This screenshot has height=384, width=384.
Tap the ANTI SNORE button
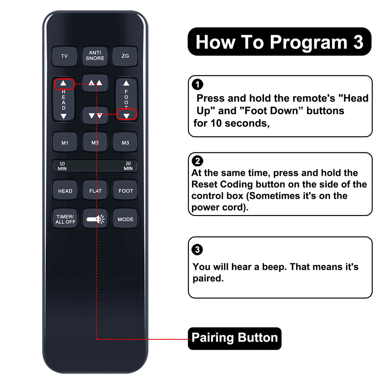95,56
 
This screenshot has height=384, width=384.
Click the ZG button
125,56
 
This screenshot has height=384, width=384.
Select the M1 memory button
65,142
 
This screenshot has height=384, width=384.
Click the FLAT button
95,190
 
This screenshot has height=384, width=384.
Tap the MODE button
125,219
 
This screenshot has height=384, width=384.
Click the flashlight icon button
95,219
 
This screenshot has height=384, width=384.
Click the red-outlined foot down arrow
127,114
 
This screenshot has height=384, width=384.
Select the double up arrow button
95,83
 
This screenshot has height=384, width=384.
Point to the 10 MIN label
62,166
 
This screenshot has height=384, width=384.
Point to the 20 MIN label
128,166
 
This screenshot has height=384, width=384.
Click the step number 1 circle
197,84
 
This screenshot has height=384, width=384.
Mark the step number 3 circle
197,249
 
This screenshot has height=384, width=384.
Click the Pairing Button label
235,337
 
